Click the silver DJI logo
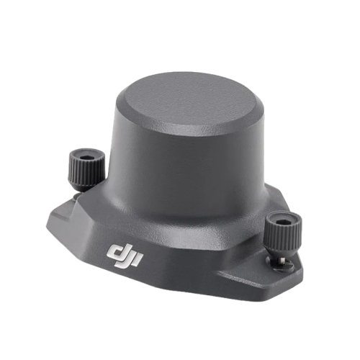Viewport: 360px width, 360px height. point(125,256)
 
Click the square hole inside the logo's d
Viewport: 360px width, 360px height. point(116,253)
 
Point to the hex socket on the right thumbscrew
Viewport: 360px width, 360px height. point(282,221)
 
